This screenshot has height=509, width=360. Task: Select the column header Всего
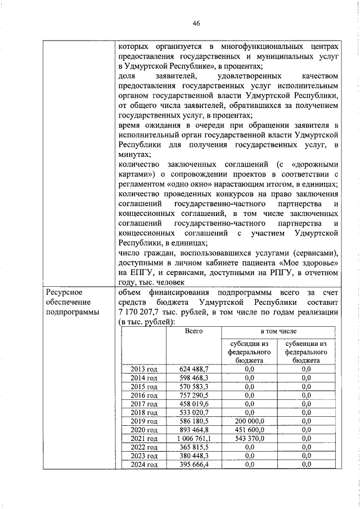pyautogui.click(x=193, y=332)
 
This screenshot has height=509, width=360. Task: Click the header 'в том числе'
pyautogui.click(x=278, y=332)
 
